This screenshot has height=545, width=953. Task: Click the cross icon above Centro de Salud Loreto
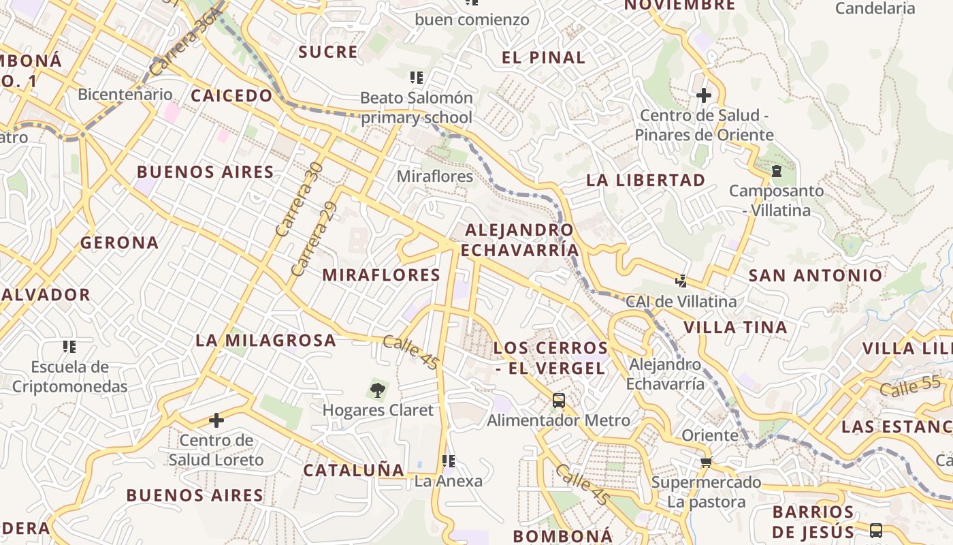216,420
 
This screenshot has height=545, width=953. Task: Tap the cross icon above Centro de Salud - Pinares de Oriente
704,95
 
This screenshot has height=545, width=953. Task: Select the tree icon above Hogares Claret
377,390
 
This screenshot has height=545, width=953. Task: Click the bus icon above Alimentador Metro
559,400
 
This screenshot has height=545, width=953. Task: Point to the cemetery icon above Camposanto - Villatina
777,170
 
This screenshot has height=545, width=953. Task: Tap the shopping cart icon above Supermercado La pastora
706,463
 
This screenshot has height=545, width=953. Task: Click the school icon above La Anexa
448,461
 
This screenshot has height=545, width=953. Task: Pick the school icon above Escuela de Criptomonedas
69,347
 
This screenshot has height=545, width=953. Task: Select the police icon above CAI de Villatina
681,281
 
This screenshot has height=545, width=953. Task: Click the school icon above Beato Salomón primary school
416,78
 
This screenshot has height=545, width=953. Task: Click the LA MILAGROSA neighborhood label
266,340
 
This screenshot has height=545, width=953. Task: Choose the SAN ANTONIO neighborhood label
815,275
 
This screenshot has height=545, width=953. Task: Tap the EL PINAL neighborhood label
543,58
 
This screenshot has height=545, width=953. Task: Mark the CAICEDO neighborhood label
231,95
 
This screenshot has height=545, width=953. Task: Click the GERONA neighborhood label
119,243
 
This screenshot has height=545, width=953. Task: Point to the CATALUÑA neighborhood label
354,470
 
